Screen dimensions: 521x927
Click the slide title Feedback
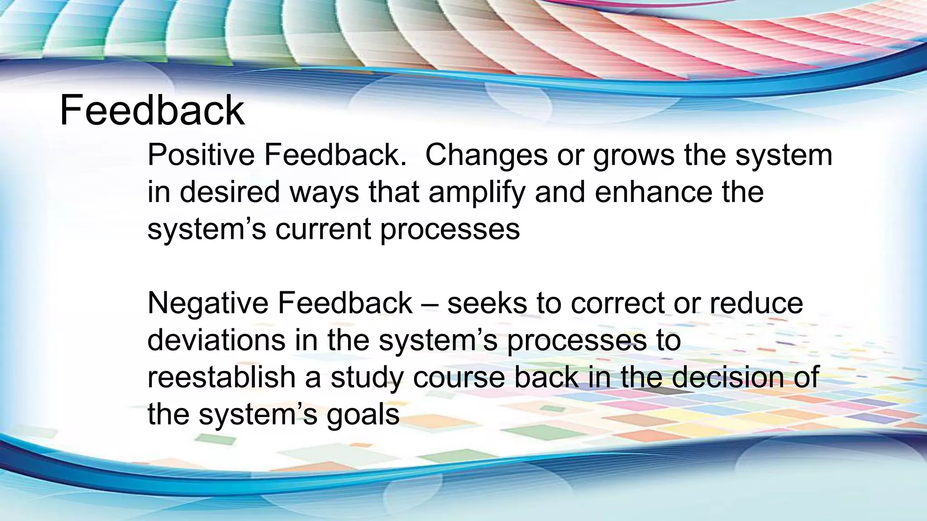pyautogui.click(x=152, y=111)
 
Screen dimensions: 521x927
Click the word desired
pyautogui.click(x=230, y=192)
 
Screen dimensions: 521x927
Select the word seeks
pyautogui.click(x=487, y=303)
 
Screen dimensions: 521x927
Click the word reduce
pyautogui.click(x=755, y=303)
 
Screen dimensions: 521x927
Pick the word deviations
pyautogui.click(x=216, y=340)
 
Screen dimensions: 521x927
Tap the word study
pyautogui.click(x=367, y=378)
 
